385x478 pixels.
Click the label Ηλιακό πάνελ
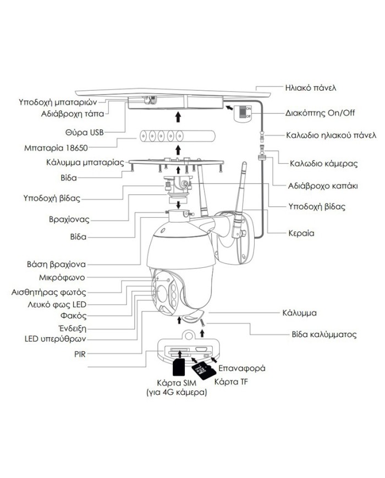(x=310, y=87)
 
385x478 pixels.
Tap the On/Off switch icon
(x=243, y=113)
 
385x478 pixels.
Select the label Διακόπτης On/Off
(x=320, y=113)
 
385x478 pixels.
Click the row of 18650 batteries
(x=177, y=135)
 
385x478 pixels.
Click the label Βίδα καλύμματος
(x=324, y=334)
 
